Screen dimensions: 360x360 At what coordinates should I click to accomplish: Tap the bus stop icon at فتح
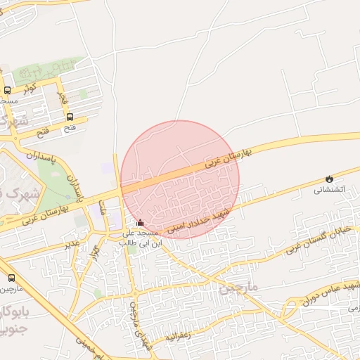70,117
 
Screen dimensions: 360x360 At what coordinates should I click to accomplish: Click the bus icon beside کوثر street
8,90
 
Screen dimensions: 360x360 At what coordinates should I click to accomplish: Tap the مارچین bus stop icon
11,278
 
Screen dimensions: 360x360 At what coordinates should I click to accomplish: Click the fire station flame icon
328,179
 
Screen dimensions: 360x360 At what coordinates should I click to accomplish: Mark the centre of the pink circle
180,179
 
